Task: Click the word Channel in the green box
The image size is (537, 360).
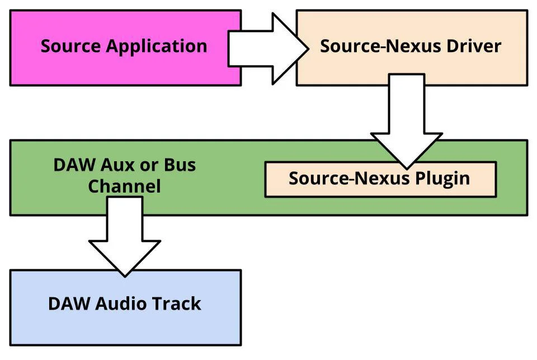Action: tap(124, 186)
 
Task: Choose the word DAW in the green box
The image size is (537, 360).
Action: tap(74, 166)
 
